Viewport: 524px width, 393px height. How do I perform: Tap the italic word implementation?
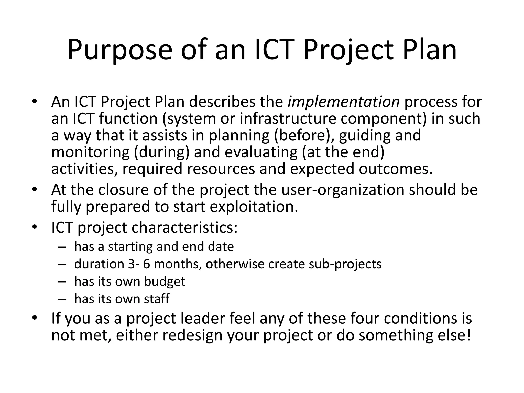(x=343, y=102)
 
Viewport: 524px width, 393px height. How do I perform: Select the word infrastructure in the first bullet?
(x=288, y=119)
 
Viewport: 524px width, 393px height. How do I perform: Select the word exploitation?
(x=254, y=206)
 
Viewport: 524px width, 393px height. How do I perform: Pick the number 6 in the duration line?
(x=146, y=264)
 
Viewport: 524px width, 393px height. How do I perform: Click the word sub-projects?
(x=345, y=264)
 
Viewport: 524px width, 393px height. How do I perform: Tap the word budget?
(x=165, y=281)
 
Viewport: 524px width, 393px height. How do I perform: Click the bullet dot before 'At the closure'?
(x=35, y=189)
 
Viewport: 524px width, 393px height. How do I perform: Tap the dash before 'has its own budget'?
(x=62, y=281)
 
